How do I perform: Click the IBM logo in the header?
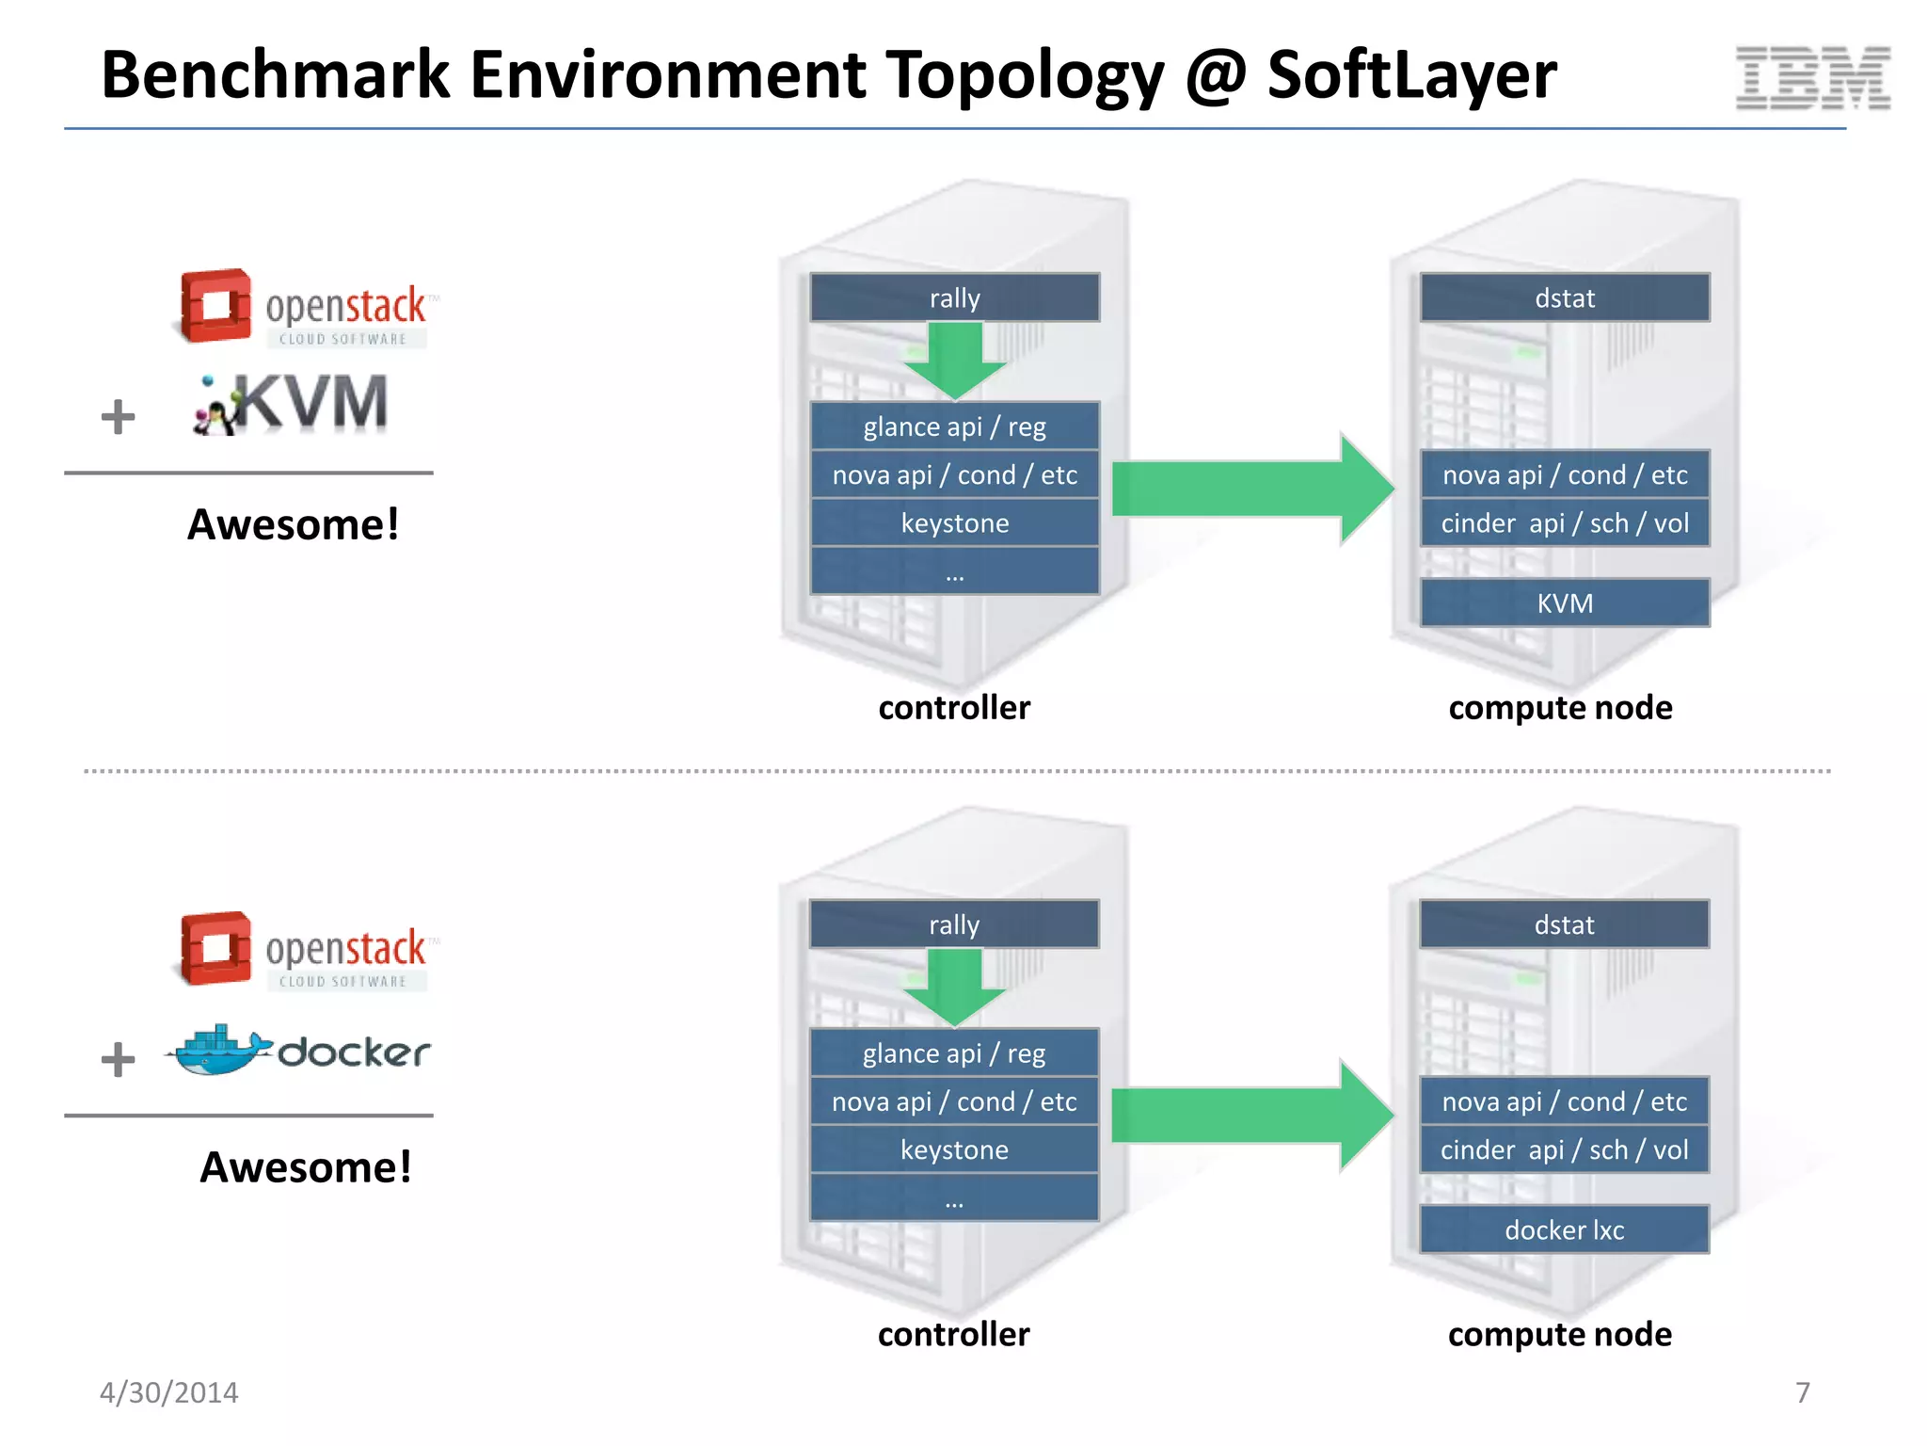[1812, 77]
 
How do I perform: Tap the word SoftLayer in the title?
[1411, 75]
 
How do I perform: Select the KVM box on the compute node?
[1565, 602]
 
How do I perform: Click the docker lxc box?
[1564, 1229]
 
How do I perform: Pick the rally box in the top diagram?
[954, 298]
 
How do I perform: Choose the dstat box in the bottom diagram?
[1564, 924]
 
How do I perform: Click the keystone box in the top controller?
[954, 523]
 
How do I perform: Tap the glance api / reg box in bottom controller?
[954, 1053]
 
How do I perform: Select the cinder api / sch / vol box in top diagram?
[1565, 523]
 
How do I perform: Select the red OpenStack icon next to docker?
[215, 948]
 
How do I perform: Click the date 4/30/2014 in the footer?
[169, 1392]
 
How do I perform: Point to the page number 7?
[1802, 1392]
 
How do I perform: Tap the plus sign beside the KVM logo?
[119, 417]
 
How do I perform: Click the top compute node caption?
[1560, 708]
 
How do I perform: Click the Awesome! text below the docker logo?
[306, 1167]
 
